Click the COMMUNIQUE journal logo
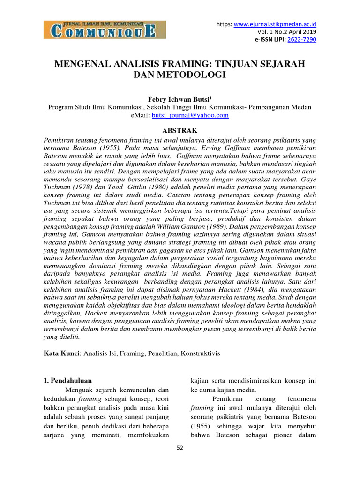coord(100,29)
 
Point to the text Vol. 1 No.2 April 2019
coord(287,31)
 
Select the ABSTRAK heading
coord(180,130)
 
